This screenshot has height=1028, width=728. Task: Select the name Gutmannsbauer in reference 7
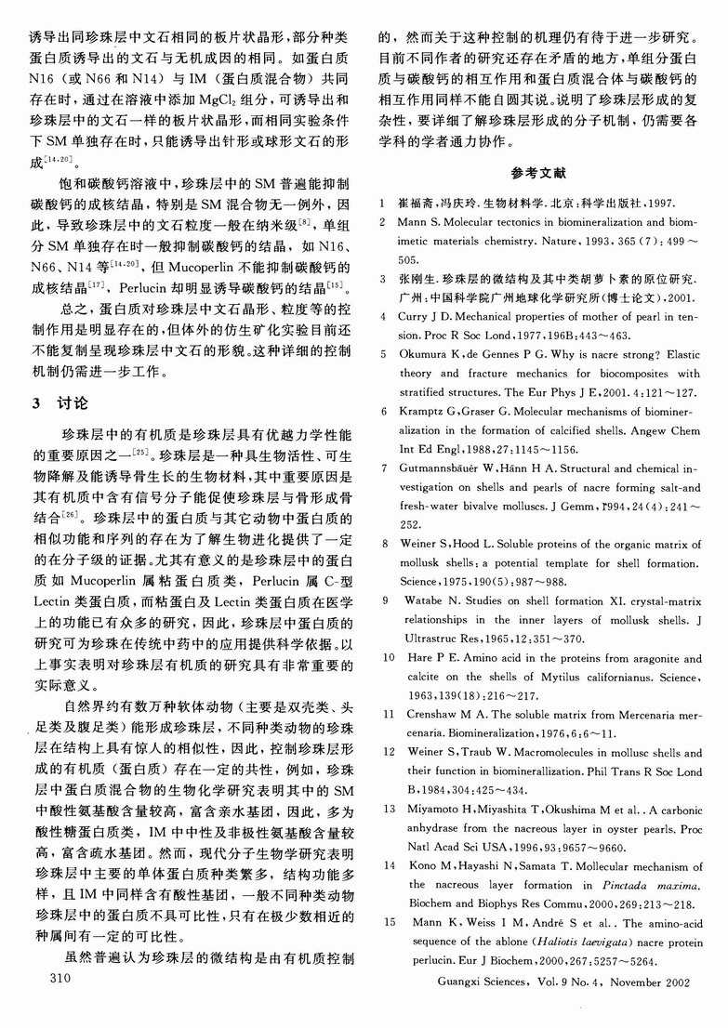click(x=450, y=466)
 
